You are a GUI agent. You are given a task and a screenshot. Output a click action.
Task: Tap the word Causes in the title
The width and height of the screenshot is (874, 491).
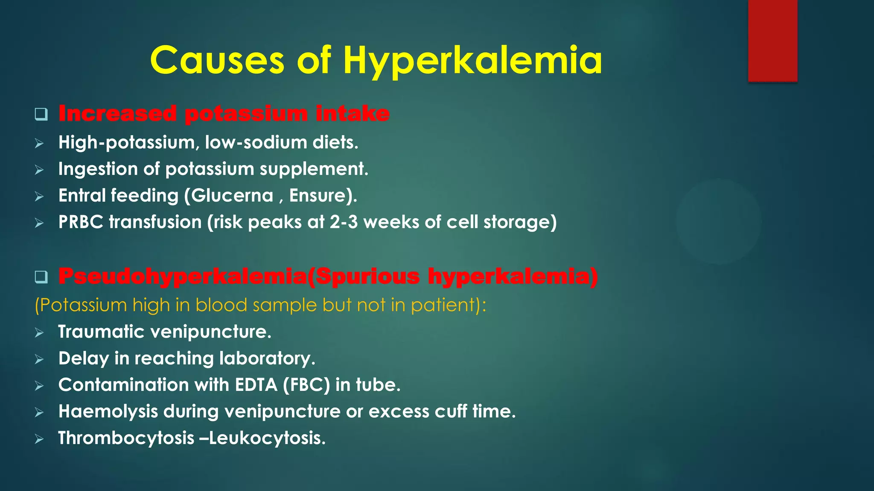(x=217, y=61)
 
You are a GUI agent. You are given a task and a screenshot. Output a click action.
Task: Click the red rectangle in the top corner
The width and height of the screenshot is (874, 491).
(x=772, y=40)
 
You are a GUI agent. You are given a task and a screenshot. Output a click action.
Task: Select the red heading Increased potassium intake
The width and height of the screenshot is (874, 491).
(x=224, y=114)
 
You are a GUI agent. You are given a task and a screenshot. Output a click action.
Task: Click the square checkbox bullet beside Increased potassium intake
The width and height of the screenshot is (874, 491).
(x=41, y=114)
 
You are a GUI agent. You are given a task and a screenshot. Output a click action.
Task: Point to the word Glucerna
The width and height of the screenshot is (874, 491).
(x=232, y=196)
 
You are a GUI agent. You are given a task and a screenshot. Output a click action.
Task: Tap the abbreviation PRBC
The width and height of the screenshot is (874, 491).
(x=81, y=222)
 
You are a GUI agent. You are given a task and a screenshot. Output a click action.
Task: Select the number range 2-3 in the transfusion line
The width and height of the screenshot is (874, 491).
(x=344, y=222)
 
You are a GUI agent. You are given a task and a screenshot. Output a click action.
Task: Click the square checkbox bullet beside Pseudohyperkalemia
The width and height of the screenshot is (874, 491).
(x=41, y=277)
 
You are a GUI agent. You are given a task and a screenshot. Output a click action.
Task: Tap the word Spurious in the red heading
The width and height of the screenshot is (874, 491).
(x=367, y=277)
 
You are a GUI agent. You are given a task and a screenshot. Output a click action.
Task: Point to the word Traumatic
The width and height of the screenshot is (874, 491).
(x=101, y=332)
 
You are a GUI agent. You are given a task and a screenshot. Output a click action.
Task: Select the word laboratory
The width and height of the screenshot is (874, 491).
(x=265, y=358)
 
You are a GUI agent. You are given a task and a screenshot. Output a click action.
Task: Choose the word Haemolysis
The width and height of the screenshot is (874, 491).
(x=108, y=411)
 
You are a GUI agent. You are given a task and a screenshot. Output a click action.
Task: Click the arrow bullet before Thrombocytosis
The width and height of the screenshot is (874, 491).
(x=39, y=439)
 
